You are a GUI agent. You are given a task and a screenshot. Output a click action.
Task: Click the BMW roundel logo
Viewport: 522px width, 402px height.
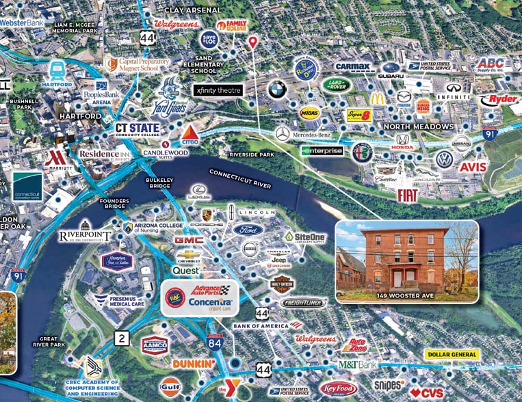pyautogui.click(x=277, y=90)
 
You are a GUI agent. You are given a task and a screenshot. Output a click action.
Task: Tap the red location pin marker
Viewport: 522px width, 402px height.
pyautogui.click(x=253, y=42)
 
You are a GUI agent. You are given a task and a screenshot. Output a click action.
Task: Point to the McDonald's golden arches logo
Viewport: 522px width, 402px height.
pyautogui.click(x=381, y=97)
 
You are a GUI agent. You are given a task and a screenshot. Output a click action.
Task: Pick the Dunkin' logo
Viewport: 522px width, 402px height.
pyautogui.click(x=194, y=363)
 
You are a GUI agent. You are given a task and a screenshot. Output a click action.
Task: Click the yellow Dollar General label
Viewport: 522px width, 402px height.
pyautogui.click(x=452, y=355)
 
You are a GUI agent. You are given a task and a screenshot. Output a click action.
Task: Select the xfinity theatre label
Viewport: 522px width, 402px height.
pyautogui.click(x=218, y=90)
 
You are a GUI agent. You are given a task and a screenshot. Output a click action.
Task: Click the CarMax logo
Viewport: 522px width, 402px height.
pyautogui.click(x=355, y=67)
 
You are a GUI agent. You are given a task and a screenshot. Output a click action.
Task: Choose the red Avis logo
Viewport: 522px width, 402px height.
pyautogui.click(x=473, y=167)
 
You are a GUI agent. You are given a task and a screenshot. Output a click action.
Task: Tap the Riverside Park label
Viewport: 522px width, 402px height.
pyautogui.click(x=252, y=155)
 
